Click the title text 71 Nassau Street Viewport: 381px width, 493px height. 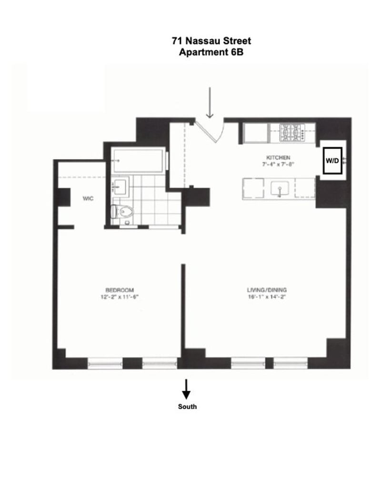[211, 41]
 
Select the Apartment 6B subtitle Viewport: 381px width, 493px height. [211, 52]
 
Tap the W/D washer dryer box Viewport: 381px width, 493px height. [332, 161]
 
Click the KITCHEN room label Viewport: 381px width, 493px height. [279, 158]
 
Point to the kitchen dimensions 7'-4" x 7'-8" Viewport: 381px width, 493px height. [279, 164]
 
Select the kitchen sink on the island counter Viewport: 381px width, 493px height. [280, 189]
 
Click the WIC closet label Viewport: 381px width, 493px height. [87, 199]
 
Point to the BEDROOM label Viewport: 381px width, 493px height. [120, 290]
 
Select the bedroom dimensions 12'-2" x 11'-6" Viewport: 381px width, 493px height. [120, 296]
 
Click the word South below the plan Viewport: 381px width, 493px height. [187, 407]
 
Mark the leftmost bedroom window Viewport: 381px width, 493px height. [105, 364]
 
